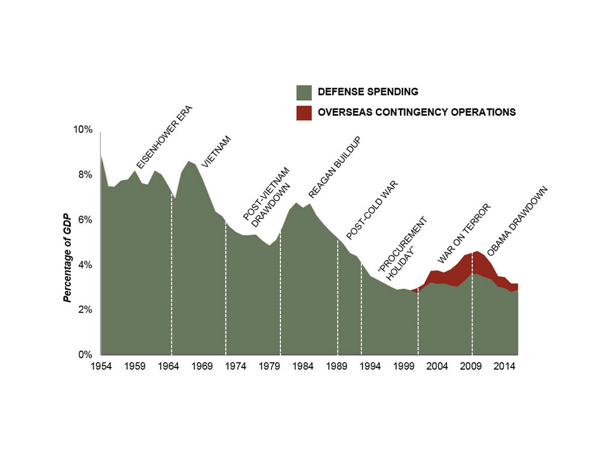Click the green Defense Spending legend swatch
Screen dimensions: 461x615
point(304,92)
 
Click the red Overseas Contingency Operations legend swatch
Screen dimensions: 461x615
point(304,112)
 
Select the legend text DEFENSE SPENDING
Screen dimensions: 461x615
point(368,92)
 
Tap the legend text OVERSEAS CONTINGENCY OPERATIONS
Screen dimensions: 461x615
point(417,112)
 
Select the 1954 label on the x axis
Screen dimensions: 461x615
point(100,366)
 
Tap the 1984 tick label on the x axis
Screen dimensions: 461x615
point(302,366)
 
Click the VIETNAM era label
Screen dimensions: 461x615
point(216,151)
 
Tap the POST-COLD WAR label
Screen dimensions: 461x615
point(372,211)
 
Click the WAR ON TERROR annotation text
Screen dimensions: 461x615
point(464,234)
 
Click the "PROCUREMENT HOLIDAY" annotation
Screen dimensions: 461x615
point(404,247)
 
